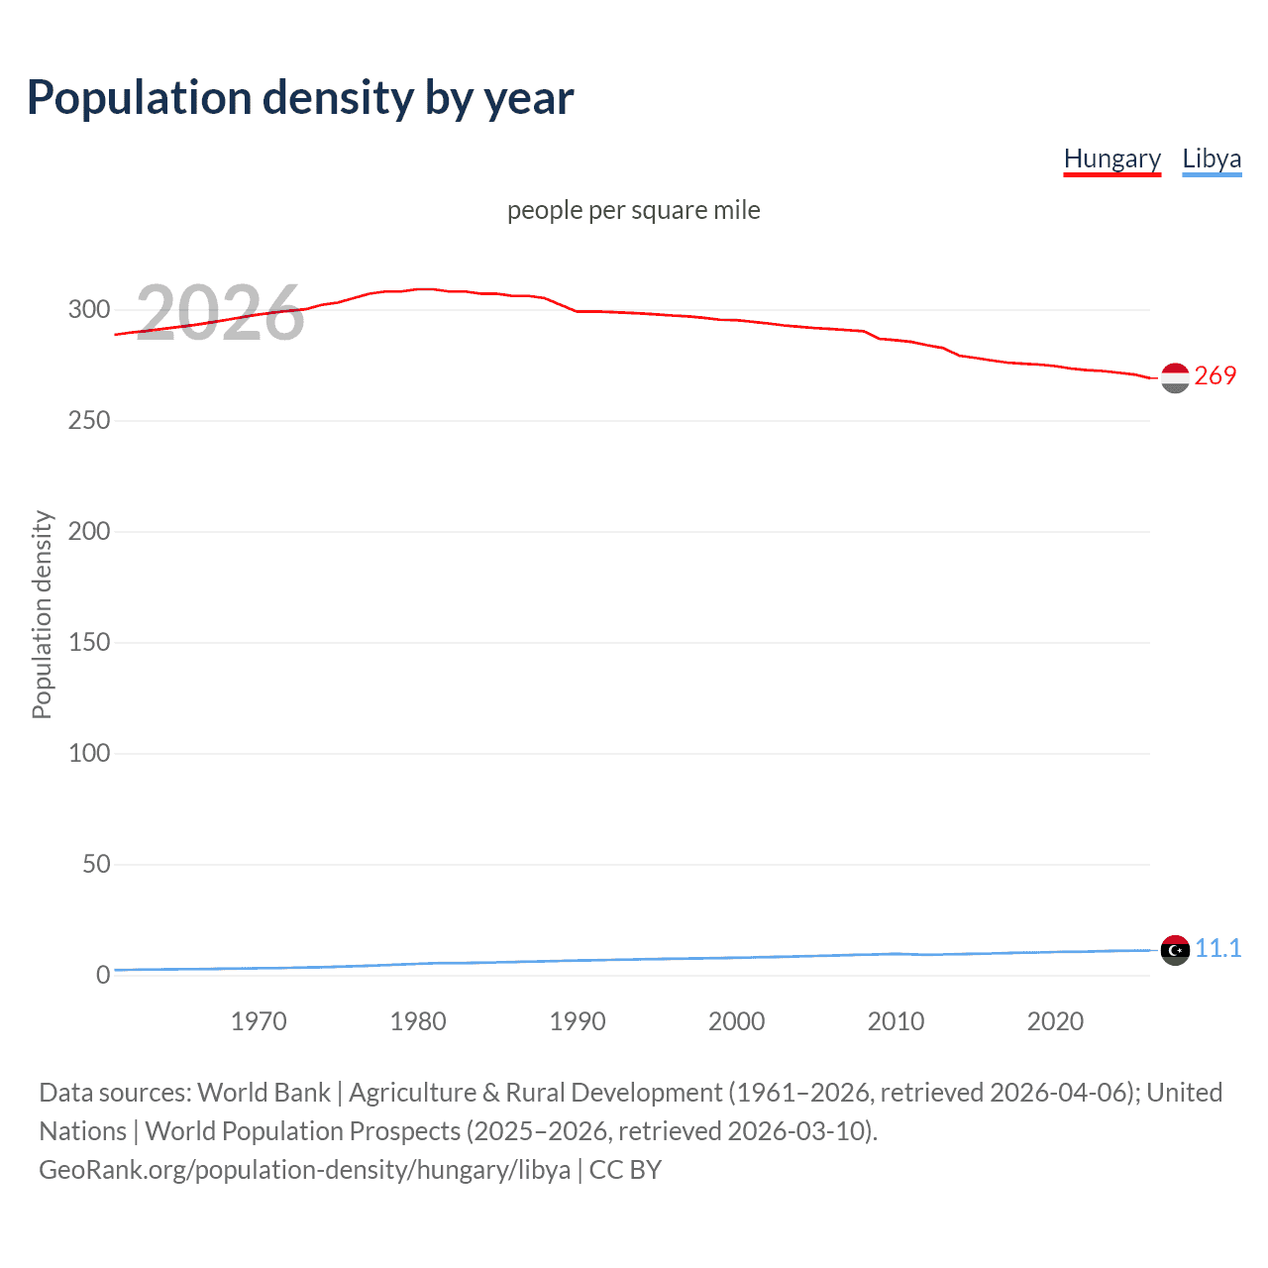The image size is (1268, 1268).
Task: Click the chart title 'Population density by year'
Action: (300, 98)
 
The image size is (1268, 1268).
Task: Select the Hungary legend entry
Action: (1111, 158)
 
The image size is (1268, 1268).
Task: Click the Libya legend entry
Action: (1212, 158)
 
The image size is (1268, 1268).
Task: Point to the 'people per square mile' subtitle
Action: (633, 210)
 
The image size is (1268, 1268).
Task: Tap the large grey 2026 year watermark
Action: (220, 313)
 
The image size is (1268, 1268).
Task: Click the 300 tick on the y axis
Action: (89, 309)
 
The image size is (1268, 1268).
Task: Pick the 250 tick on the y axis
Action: (89, 420)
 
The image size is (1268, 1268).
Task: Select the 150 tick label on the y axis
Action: (89, 642)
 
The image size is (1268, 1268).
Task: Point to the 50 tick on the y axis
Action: (96, 864)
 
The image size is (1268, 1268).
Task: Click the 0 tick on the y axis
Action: (103, 975)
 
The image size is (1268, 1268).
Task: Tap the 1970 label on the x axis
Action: (259, 1021)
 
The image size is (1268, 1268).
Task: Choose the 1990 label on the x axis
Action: (578, 1021)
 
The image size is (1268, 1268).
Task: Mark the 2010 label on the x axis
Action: (896, 1021)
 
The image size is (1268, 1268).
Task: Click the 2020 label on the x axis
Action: (1055, 1021)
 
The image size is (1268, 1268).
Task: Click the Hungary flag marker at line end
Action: (1175, 378)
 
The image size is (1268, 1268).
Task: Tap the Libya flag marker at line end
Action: (1175, 950)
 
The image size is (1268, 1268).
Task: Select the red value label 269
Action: (1215, 375)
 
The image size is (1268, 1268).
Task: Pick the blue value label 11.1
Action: (1217, 948)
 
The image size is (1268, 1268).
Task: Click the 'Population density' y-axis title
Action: (42, 614)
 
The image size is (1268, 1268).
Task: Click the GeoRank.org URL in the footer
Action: (304, 1170)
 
